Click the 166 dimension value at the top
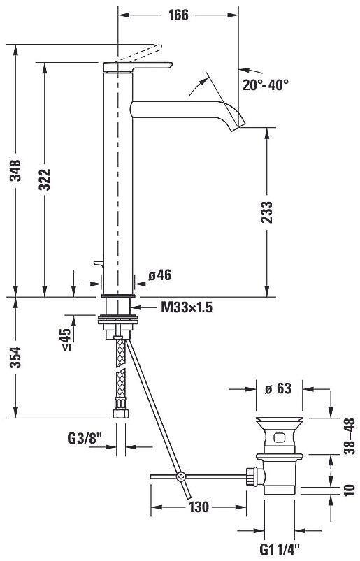click(x=178, y=15)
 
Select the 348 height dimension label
click(x=16, y=170)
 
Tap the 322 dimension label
click(x=45, y=180)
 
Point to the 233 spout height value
click(x=266, y=212)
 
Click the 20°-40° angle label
click(x=266, y=85)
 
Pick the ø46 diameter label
click(x=160, y=275)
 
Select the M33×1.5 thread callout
click(x=187, y=307)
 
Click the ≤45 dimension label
click(x=66, y=339)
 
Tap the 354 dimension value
click(x=16, y=357)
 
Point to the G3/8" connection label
click(x=85, y=438)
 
